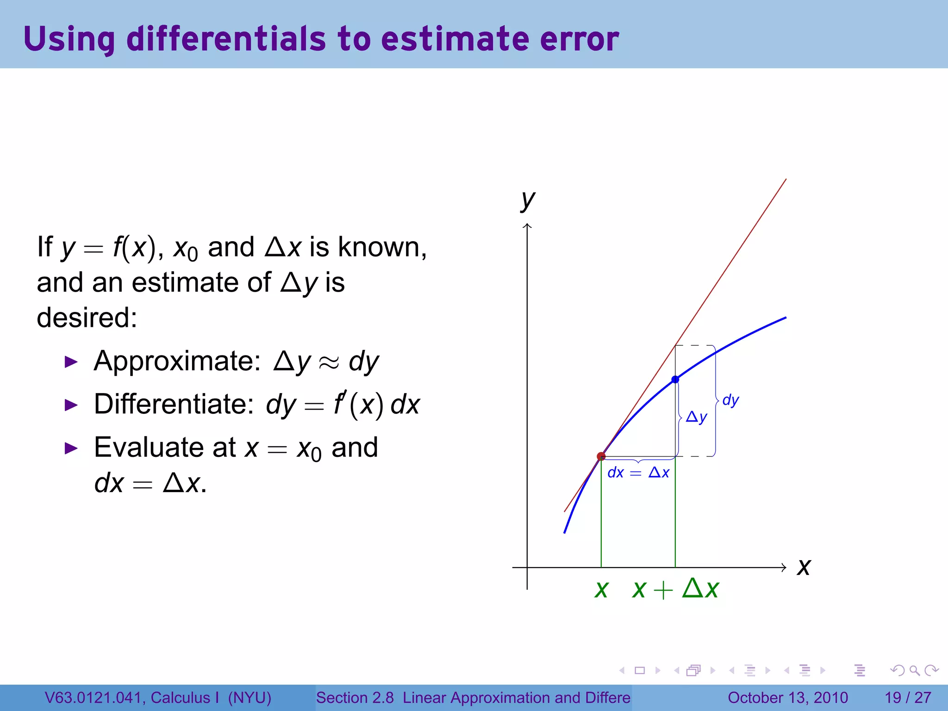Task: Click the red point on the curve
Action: point(601,456)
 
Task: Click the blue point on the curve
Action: point(675,380)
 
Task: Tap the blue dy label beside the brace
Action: point(730,400)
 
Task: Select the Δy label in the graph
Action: point(696,418)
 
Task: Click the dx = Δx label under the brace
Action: point(638,473)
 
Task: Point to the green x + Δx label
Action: point(675,589)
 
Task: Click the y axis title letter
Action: point(527,200)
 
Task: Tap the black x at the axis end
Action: point(804,567)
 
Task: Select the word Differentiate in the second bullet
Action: point(174,404)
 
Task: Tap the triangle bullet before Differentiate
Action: point(71,405)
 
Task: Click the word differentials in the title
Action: point(226,39)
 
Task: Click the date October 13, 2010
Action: point(787,698)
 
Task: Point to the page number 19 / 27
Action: point(908,698)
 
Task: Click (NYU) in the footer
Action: point(249,698)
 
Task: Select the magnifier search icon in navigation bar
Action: point(914,670)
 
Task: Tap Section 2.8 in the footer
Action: point(355,698)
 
